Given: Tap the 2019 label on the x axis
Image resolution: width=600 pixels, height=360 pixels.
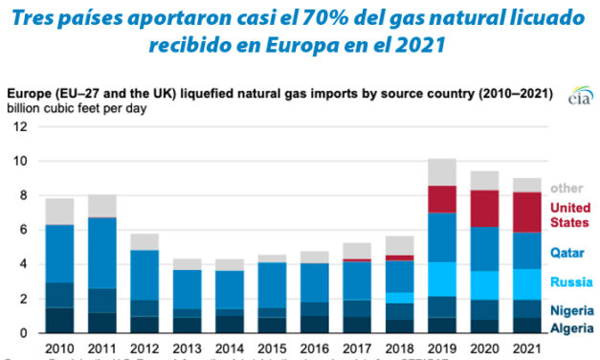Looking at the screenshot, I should (x=442, y=347).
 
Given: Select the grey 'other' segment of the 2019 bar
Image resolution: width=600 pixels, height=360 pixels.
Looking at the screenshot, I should (x=442, y=171).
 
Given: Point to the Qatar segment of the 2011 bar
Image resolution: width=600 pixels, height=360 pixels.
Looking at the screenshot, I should (x=101, y=253).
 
